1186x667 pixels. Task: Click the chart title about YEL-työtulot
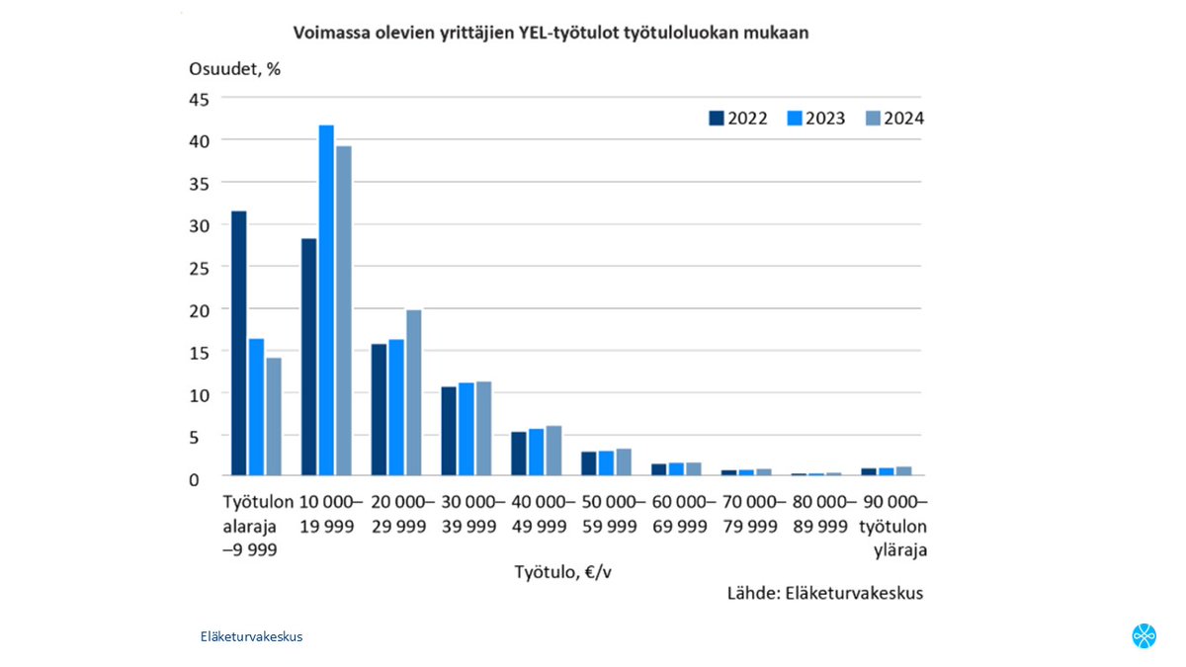[x=551, y=33]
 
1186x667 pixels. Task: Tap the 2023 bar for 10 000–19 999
[x=326, y=300]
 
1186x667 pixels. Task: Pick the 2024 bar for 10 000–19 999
[x=344, y=310]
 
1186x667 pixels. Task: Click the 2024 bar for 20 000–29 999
[x=414, y=392]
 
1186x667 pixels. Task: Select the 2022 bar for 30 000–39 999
[x=449, y=431]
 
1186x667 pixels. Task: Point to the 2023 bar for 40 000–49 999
[x=536, y=452]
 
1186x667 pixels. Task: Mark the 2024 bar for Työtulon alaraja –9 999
[x=274, y=416]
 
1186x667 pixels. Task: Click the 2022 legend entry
[x=738, y=119]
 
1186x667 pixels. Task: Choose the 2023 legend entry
[x=816, y=119]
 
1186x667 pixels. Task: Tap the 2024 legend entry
[x=894, y=119]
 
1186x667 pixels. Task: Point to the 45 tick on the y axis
[x=200, y=98]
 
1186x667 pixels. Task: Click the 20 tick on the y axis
[x=200, y=309]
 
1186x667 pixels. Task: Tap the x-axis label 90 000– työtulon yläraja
[x=894, y=526]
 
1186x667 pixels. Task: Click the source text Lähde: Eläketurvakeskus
[x=824, y=593]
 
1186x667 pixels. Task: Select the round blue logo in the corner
[x=1144, y=635]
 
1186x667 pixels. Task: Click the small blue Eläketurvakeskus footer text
[x=251, y=636]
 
